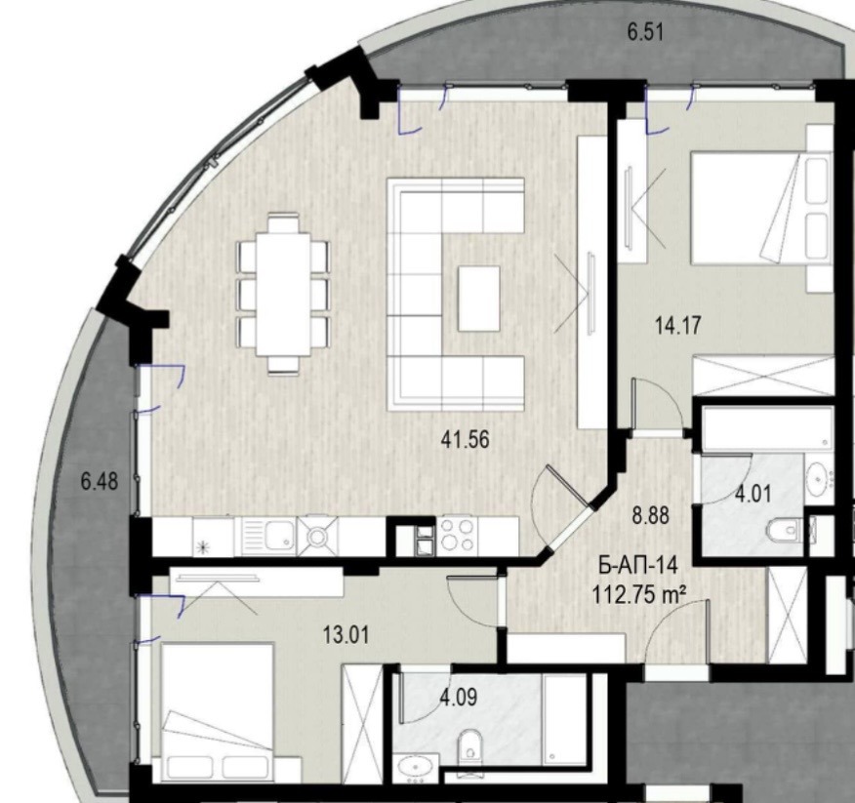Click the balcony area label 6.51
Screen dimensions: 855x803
click(645, 32)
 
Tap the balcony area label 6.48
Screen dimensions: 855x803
click(100, 481)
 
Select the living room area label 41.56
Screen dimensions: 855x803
click(466, 439)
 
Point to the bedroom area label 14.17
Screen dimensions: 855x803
click(677, 326)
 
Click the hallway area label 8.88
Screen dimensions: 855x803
click(650, 515)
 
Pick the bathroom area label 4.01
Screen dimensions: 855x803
click(753, 494)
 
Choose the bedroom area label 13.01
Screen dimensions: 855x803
click(346, 634)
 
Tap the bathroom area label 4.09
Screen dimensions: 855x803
click(459, 697)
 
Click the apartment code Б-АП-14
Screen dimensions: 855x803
click(638, 565)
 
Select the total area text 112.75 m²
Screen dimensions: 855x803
click(638, 593)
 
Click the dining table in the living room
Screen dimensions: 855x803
click(284, 294)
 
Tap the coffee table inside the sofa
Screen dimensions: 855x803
click(479, 299)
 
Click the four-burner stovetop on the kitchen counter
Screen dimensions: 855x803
click(457, 535)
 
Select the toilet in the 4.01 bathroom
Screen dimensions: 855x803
click(785, 529)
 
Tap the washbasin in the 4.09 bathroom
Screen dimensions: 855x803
click(417, 767)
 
